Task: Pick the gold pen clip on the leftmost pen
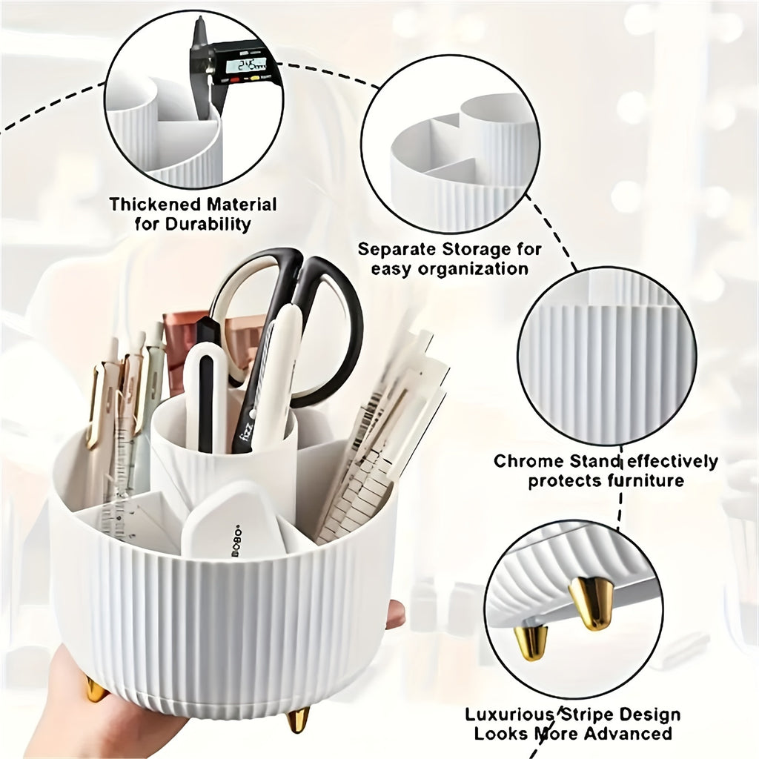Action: [x=94, y=408]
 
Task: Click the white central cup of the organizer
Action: [x=222, y=460]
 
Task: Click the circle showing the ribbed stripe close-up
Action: [x=606, y=356]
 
